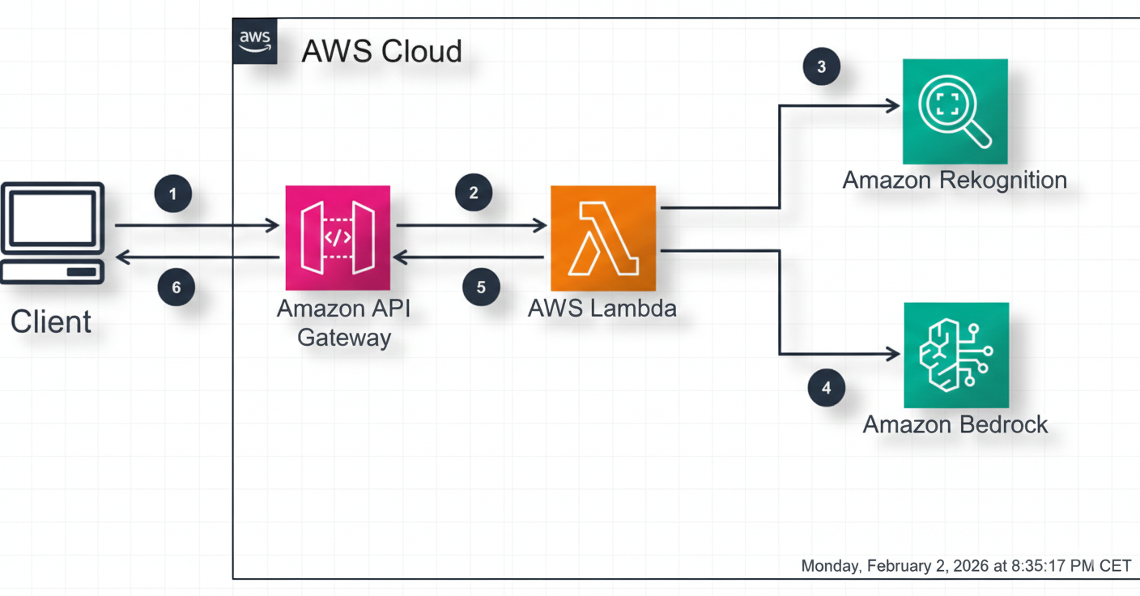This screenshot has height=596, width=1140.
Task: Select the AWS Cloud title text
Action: (381, 51)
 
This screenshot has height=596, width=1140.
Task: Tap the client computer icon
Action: (53, 232)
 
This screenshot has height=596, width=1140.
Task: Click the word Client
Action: (50, 321)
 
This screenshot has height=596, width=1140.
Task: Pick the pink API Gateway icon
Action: (338, 237)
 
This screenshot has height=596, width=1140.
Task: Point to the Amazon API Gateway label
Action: (344, 322)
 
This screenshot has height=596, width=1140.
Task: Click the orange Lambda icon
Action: (603, 238)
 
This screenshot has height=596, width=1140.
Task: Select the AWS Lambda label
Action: (602, 308)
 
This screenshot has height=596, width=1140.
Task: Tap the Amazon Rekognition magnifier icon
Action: (955, 111)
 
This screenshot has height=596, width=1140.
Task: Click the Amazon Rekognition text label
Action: (955, 180)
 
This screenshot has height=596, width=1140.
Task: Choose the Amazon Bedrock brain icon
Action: (956, 355)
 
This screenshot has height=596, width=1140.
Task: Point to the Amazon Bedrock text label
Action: (955, 424)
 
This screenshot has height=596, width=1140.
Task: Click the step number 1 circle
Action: (172, 194)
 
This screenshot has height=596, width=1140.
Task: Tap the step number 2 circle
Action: (474, 193)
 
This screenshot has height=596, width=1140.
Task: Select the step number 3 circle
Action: (821, 66)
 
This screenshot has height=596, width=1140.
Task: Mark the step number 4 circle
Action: (826, 388)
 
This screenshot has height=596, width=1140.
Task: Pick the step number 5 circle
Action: (481, 287)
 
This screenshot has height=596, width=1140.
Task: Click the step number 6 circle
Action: (176, 287)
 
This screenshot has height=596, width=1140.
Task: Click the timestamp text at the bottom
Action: (965, 565)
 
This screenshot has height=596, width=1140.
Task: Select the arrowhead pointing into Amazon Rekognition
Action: (892, 105)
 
